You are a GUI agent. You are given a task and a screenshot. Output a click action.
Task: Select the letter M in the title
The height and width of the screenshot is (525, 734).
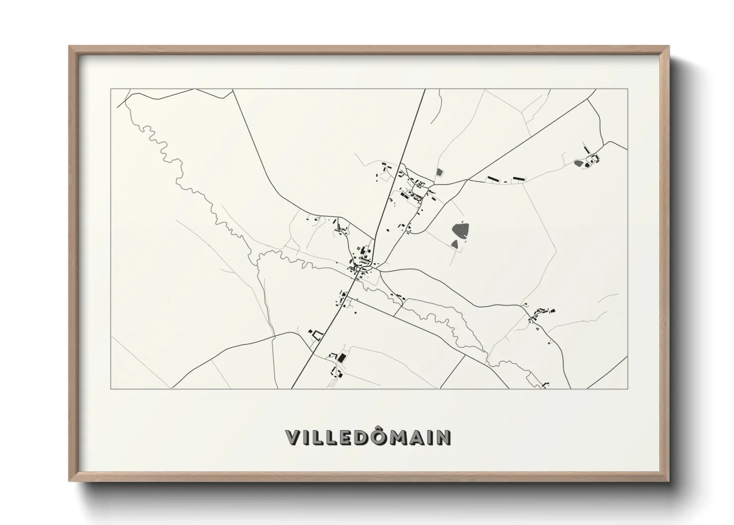(x=399, y=437)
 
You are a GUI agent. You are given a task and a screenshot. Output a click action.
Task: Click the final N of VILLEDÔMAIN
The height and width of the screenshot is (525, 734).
(x=443, y=437)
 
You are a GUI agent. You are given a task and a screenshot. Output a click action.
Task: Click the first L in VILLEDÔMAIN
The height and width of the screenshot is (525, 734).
(x=316, y=437)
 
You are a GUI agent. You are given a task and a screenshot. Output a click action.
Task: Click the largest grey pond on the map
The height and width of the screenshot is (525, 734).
(x=462, y=229)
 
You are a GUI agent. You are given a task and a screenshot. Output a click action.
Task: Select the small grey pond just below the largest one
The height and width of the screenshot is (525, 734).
(x=455, y=244)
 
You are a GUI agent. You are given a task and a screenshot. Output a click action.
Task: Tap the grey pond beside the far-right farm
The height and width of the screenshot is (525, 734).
(x=578, y=162)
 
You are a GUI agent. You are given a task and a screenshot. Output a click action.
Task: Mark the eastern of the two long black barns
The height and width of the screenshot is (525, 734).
(x=518, y=178)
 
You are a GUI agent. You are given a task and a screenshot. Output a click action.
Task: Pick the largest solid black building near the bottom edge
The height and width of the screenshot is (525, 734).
(x=341, y=357)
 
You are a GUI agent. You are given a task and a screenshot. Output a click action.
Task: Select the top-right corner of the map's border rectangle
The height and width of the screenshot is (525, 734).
(x=627, y=89)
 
